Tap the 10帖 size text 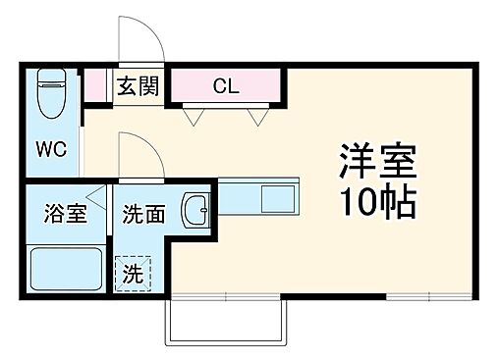point(378,202)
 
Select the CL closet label point(226,84)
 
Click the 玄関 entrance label point(137,85)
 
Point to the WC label point(51,150)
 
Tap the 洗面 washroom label point(143,213)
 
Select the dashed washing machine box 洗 point(132,274)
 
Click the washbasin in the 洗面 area point(198,207)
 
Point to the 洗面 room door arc point(138,154)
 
